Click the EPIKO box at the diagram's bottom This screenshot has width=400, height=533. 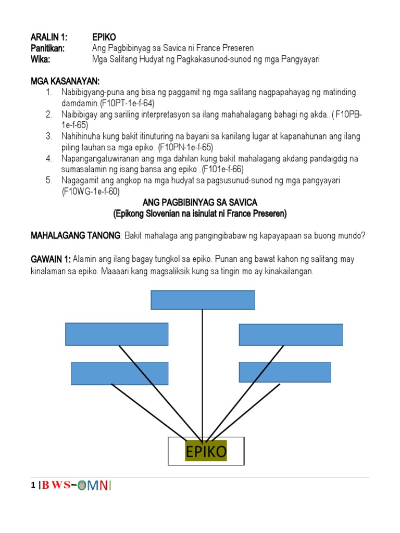[x=206, y=451]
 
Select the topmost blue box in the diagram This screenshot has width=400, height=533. [x=203, y=300]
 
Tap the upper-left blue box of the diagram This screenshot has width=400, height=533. [x=117, y=334]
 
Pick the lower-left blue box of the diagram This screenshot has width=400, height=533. [x=119, y=373]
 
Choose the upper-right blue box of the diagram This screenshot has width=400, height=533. [x=291, y=334]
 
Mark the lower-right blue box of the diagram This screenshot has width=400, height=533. [x=284, y=372]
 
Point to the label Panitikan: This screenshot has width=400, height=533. [x=48, y=48]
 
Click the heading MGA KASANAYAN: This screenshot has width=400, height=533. [x=65, y=82]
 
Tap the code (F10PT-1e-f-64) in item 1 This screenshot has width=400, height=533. [x=127, y=103]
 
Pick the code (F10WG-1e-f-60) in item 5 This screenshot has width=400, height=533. [x=91, y=191]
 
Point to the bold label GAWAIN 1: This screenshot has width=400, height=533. [x=51, y=259]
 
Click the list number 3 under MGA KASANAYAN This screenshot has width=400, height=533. [x=49, y=136]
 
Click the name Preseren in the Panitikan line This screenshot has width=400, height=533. [x=237, y=48]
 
